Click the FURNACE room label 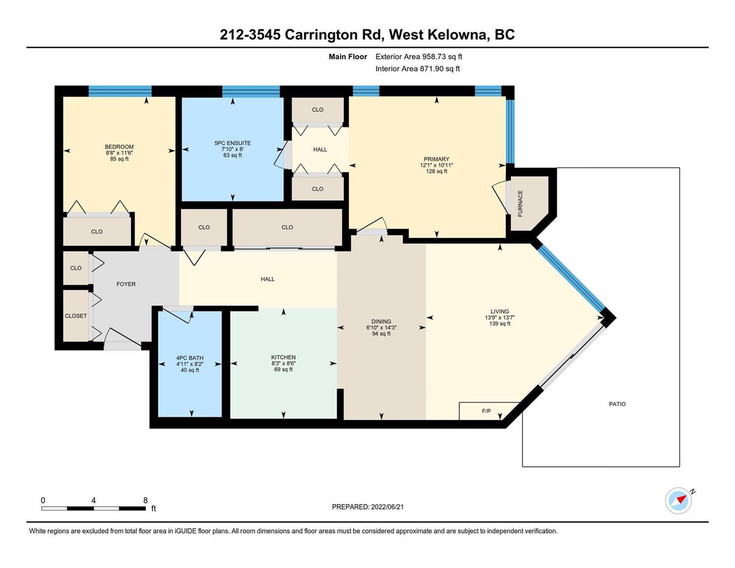520,204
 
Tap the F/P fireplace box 489,411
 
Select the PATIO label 617,404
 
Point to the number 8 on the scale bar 145,500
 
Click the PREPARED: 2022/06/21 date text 368,507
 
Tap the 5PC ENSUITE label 232,143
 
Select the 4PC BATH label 190,358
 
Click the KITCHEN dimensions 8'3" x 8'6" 283,364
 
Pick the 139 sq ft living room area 500,323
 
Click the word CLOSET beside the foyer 76,316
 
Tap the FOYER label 126,284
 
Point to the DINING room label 381,321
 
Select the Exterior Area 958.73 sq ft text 419,57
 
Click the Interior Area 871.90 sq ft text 418,69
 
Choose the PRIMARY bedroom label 436,159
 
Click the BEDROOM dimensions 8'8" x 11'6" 119,153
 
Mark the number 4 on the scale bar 94,500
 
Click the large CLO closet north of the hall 287,227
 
